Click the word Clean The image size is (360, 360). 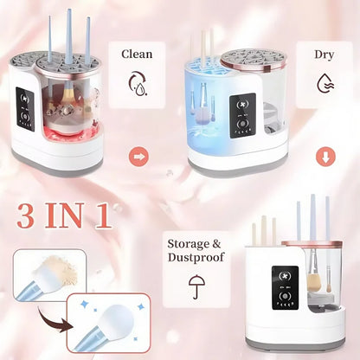tap(137, 54)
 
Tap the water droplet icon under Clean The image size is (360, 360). tap(137, 84)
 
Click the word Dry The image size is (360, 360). tap(324, 54)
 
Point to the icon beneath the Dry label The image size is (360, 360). tap(324, 83)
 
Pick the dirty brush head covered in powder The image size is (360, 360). tap(45, 270)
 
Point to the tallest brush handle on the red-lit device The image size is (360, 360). tap(68, 36)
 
